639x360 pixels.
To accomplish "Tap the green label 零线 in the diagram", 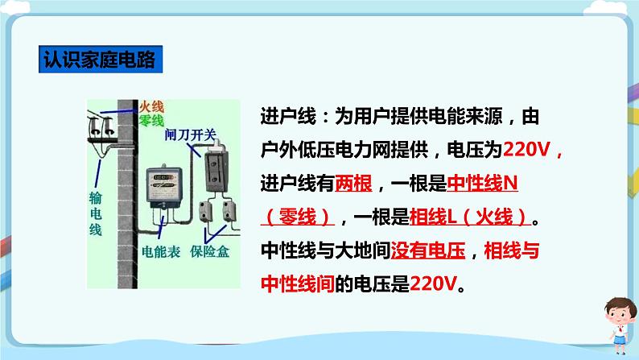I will pos(152,121).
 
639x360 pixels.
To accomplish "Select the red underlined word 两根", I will pos(354,184).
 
